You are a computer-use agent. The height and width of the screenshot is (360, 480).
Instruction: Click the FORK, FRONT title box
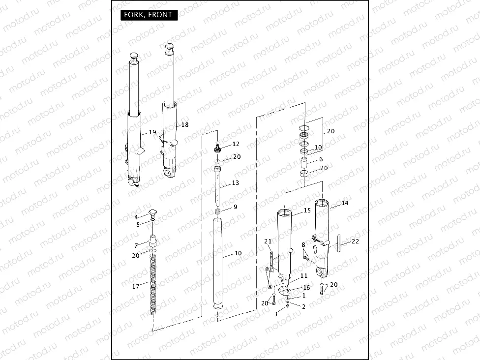point(148,15)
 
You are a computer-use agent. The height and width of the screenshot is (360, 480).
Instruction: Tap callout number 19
point(152,132)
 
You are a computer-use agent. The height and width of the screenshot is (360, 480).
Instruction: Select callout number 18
point(184,125)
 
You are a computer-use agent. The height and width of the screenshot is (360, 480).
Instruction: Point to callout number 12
point(236,144)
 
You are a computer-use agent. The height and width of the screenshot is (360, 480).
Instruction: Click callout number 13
point(235,183)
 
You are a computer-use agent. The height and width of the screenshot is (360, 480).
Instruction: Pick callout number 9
point(235,207)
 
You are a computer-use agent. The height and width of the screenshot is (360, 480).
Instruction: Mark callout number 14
point(344,203)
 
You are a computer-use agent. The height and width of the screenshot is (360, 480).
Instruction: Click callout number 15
point(307,210)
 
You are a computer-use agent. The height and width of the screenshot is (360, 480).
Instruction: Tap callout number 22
point(356,241)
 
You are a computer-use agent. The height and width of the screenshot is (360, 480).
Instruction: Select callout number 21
point(268,241)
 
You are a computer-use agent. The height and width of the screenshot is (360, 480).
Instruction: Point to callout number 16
point(306,288)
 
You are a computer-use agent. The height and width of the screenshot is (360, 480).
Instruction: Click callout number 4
point(136,217)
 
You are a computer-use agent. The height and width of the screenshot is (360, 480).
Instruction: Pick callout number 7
point(136,245)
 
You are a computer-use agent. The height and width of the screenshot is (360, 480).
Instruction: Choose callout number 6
point(321,159)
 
